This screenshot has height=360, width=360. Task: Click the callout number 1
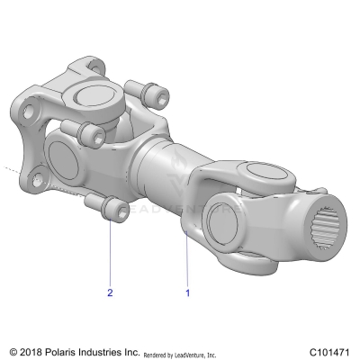click(x=187, y=292)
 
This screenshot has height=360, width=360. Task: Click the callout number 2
click(x=110, y=292)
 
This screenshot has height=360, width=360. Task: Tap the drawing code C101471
click(x=328, y=352)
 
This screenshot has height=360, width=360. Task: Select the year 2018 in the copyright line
click(x=32, y=352)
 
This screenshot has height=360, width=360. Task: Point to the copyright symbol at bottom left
click(x=13, y=352)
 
